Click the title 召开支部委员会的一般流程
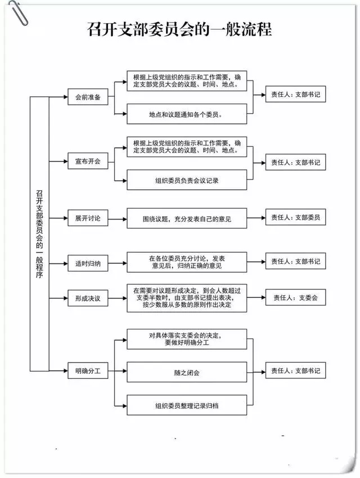(x=179, y=29)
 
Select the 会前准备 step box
(x=87, y=97)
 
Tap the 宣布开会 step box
(x=87, y=162)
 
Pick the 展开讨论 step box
(x=87, y=218)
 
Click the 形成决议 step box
(x=87, y=299)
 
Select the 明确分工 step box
(x=87, y=371)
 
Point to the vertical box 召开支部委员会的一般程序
(x=39, y=234)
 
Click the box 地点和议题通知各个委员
(x=186, y=114)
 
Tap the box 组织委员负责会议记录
(x=186, y=180)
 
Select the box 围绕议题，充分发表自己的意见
(x=186, y=218)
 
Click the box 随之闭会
(x=186, y=372)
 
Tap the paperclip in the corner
(x=15, y=11)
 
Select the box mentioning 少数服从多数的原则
(x=186, y=298)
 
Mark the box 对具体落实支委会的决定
(x=186, y=339)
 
